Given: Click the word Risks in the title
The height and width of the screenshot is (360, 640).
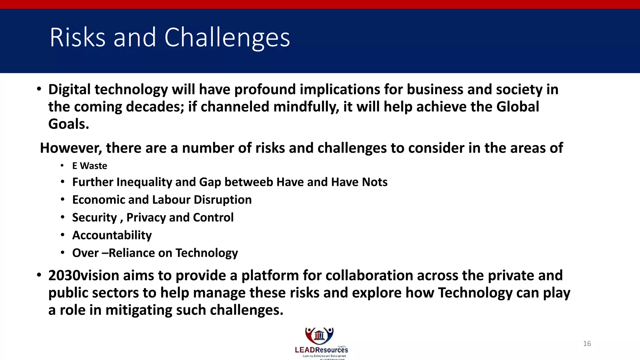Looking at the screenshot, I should [x=77, y=37].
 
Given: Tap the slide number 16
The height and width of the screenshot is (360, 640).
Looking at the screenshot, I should [x=587, y=344].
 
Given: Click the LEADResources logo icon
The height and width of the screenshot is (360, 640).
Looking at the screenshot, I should [x=319, y=336].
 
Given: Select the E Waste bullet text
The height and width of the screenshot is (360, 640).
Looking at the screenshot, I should [x=89, y=166].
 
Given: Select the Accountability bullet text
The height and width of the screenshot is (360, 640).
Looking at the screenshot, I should [x=112, y=235].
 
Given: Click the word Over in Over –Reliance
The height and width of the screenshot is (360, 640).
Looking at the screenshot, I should [x=85, y=253].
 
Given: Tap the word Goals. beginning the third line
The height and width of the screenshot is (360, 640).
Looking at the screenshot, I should [x=68, y=124].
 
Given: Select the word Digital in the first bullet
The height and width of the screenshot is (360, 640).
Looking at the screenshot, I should [x=69, y=90].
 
